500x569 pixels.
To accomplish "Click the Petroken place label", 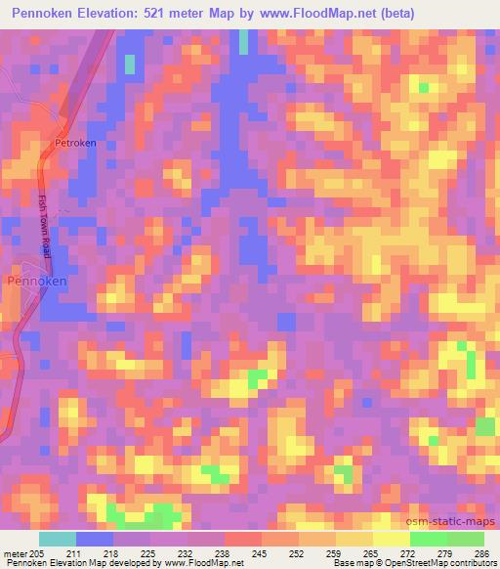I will click(76, 143).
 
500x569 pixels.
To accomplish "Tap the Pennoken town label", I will click(37, 281).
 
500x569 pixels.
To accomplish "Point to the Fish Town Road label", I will click(46, 225).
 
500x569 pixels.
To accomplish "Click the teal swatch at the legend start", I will click(58, 539).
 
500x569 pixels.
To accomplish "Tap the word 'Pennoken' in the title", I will click(44, 13).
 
